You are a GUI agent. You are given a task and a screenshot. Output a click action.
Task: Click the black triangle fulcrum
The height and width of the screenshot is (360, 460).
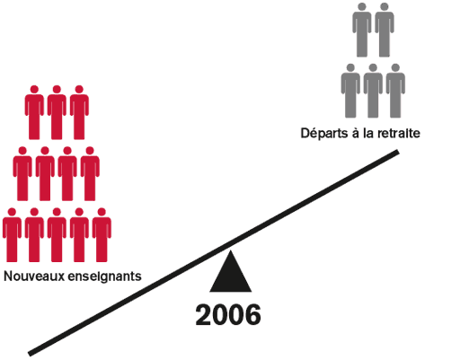click(x=230, y=274)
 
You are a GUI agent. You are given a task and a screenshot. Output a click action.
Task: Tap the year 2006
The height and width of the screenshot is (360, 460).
click(x=228, y=315)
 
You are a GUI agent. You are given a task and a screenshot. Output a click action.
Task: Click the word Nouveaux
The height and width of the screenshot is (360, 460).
click(x=34, y=276)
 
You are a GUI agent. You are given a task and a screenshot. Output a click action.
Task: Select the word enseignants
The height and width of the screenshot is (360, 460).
click(x=105, y=277)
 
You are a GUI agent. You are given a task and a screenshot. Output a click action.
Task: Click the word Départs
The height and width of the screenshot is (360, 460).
click(x=324, y=133)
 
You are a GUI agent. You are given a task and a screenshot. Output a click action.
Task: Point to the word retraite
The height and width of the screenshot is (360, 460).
click(x=399, y=133)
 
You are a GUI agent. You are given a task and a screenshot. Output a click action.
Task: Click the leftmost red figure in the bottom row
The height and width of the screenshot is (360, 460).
click(x=12, y=235)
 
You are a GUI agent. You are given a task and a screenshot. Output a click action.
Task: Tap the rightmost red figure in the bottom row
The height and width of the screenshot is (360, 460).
click(x=102, y=235)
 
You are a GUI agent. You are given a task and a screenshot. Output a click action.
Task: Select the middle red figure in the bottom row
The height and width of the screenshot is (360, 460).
click(x=57, y=235)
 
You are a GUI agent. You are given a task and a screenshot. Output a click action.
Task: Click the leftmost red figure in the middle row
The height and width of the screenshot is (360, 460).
click(x=22, y=173)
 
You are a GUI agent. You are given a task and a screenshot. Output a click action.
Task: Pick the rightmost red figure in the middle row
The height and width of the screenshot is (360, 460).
click(x=90, y=173)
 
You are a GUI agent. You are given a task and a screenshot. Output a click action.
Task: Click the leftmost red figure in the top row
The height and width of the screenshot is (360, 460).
click(x=34, y=112)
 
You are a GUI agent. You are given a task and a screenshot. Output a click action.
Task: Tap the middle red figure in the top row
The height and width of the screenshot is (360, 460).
click(x=57, y=112)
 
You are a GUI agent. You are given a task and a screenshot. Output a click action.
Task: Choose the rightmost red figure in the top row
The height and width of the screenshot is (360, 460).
click(x=79, y=112)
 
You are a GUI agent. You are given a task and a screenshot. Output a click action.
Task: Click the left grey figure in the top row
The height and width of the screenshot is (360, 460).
click(x=362, y=30)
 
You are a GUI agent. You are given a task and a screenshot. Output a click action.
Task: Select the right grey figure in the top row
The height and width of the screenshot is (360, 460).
click(x=385, y=30)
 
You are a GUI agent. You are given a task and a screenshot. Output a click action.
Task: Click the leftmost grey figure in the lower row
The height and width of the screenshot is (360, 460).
click(x=350, y=91)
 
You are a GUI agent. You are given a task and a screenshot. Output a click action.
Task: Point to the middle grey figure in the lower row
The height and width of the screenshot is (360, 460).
click(x=373, y=91)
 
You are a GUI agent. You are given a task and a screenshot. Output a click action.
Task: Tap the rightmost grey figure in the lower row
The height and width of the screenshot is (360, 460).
click(x=395, y=91)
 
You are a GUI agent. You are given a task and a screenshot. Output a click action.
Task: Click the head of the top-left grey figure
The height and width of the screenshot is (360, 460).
click(x=362, y=6)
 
